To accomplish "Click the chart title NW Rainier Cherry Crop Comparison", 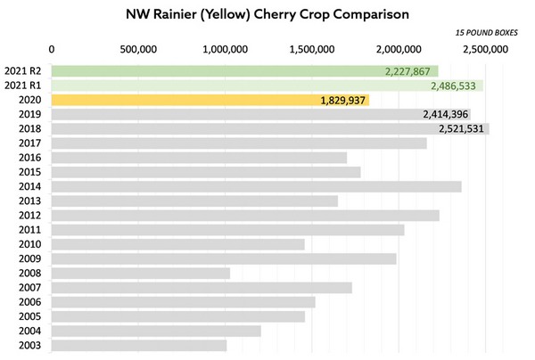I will (x=267, y=15).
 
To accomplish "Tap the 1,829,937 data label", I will (x=343, y=101).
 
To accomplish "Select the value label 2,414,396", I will (x=452, y=114).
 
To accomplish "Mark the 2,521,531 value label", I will (x=462, y=128).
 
